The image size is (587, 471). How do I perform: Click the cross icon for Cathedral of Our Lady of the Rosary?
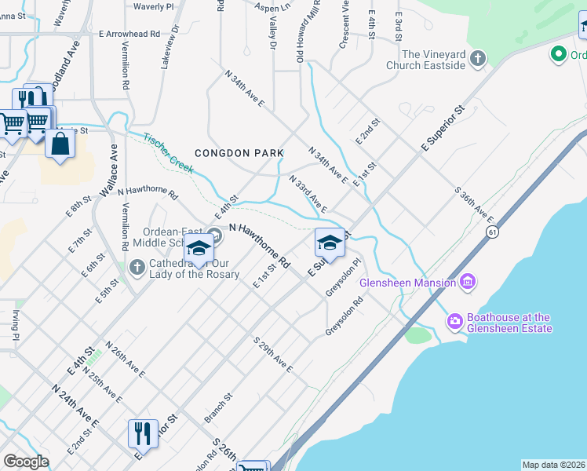coord(137,268)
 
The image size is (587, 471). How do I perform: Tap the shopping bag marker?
coord(60,144)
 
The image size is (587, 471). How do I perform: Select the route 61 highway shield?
coord(492,232)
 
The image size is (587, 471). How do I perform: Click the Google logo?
coord(26,462)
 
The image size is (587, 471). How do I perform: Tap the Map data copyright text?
coord(552,465)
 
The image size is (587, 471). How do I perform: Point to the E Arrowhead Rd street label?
coord(129,35)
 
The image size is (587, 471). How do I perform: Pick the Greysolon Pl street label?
coord(344,276)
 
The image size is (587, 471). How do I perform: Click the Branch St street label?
coord(219,408)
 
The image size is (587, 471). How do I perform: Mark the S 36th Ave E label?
coord(474,204)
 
